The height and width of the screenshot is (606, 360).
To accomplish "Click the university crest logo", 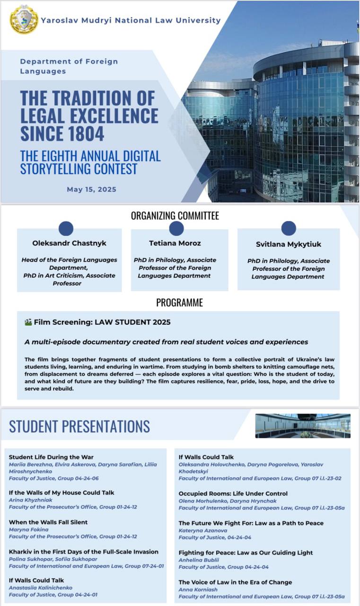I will pyautogui.click(x=24, y=20).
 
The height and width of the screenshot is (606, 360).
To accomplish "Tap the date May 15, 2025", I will pyautogui.click(x=91, y=189).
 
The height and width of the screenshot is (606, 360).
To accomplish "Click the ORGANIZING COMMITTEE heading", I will pyautogui.click(x=175, y=216).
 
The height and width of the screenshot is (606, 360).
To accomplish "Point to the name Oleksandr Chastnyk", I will pyautogui.click(x=69, y=243).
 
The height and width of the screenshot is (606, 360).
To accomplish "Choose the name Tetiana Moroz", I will pyautogui.click(x=175, y=243).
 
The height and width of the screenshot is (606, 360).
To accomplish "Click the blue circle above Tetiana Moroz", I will pyautogui.click(x=176, y=229).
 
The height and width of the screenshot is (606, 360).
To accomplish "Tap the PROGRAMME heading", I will pyautogui.click(x=179, y=303).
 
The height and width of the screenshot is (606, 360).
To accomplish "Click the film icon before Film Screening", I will pyautogui.click(x=28, y=322).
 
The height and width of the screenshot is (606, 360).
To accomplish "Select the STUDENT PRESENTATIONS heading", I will pyautogui.click(x=79, y=426).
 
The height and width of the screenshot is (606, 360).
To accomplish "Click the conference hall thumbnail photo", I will pyautogui.click(x=303, y=426).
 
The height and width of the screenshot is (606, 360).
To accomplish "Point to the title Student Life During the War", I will pyautogui.click(x=51, y=457).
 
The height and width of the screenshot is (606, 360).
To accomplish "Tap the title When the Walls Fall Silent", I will pyautogui.click(x=48, y=522).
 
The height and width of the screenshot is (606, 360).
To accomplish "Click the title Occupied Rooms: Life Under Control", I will pyautogui.click(x=233, y=493).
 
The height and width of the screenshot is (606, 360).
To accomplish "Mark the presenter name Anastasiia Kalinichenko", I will pyautogui.click(x=41, y=588).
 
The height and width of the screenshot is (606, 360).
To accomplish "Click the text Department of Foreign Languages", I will pyautogui.click(x=69, y=66).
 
